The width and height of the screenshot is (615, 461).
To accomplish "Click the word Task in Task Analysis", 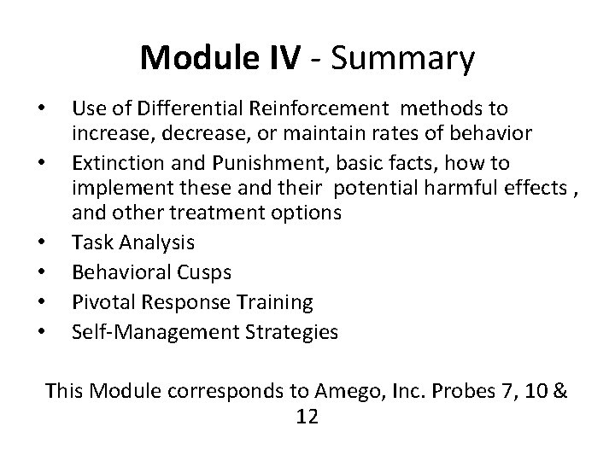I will (94, 242).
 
